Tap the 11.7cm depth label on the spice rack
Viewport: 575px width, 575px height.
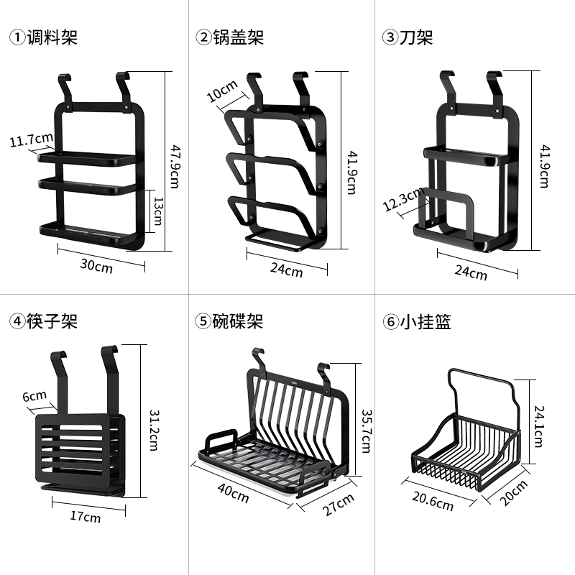31,140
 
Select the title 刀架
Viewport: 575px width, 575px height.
417,37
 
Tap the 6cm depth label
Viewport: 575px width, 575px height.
34,396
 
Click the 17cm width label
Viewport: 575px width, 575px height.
86,517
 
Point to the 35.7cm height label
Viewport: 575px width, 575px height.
365,431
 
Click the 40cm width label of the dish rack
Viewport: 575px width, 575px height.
235,494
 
